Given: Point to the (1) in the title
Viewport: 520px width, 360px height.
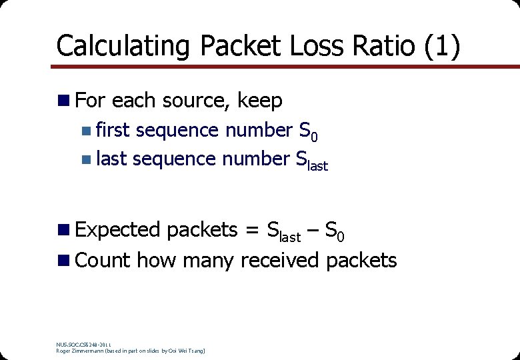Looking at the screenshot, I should (x=439, y=47).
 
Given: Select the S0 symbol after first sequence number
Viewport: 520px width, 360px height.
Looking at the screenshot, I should (x=308, y=132).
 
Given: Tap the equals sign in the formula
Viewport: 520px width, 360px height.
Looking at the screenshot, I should (x=252, y=231).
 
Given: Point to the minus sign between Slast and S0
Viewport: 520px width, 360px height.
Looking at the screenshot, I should (x=313, y=231).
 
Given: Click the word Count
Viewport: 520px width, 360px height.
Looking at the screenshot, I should (x=103, y=260).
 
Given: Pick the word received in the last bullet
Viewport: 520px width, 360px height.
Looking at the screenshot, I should (x=280, y=260).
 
